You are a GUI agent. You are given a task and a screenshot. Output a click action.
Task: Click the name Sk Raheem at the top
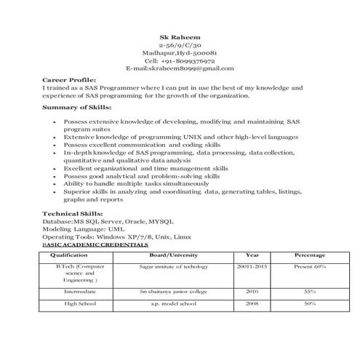(180, 36)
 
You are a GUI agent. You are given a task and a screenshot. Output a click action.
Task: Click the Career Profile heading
(69, 79)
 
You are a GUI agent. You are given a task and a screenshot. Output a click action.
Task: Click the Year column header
(252, 256)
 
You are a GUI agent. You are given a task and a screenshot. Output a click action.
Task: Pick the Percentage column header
(309, 256)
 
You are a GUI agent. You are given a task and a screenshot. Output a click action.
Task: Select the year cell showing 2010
(252, 291)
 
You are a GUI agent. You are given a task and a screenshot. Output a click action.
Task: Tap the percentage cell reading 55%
(309, 291)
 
